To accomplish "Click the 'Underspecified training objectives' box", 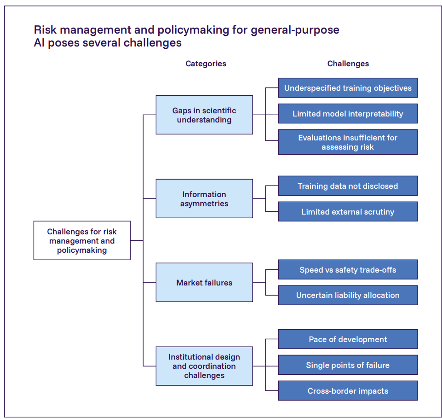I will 348,88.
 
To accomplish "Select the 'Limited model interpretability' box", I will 348,114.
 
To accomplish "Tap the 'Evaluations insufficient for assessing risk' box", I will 348,142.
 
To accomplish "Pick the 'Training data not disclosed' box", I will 348,186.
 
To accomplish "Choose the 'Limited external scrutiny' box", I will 348,212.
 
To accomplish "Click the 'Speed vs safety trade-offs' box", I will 348,270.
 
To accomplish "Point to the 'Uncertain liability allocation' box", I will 348,295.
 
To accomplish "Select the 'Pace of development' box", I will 348,339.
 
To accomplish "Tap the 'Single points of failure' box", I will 348,365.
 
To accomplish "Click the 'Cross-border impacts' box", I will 348,391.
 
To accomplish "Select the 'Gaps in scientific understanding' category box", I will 204,115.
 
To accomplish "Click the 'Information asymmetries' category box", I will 204,199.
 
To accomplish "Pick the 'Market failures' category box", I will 204,283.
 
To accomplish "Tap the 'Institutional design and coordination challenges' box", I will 204,366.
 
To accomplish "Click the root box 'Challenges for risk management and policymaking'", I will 82,241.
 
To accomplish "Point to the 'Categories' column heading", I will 206,64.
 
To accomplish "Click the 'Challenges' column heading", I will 348,64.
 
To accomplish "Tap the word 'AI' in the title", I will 40,43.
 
